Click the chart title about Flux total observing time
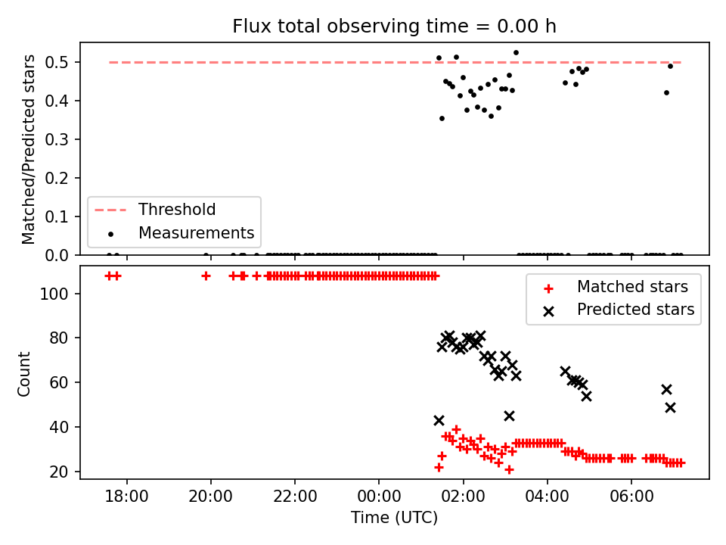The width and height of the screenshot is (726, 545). point(394,26)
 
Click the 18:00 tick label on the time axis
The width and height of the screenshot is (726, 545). point(126,497)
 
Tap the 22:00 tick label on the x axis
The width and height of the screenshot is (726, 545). point(295,497)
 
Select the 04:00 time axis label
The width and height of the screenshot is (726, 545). point(547,497)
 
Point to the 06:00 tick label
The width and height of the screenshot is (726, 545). point(631,497)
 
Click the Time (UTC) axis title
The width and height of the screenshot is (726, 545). point(394,517)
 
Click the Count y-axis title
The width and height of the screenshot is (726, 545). point(23,373)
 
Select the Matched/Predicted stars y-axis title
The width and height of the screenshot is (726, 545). point(28,149)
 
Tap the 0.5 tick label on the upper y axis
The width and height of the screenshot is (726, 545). point(57,62)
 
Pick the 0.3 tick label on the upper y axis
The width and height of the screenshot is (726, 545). point(57,139)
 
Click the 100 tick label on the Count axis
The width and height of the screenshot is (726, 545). point(54,294)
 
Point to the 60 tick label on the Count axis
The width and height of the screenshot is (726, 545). point(59,383)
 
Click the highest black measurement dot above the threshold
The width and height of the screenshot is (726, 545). point(516,53)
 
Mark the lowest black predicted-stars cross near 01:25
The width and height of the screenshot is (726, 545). point(439,420)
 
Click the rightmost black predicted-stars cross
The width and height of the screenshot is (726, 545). point(670,407)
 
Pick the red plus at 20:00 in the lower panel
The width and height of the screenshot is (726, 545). point(206,276)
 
